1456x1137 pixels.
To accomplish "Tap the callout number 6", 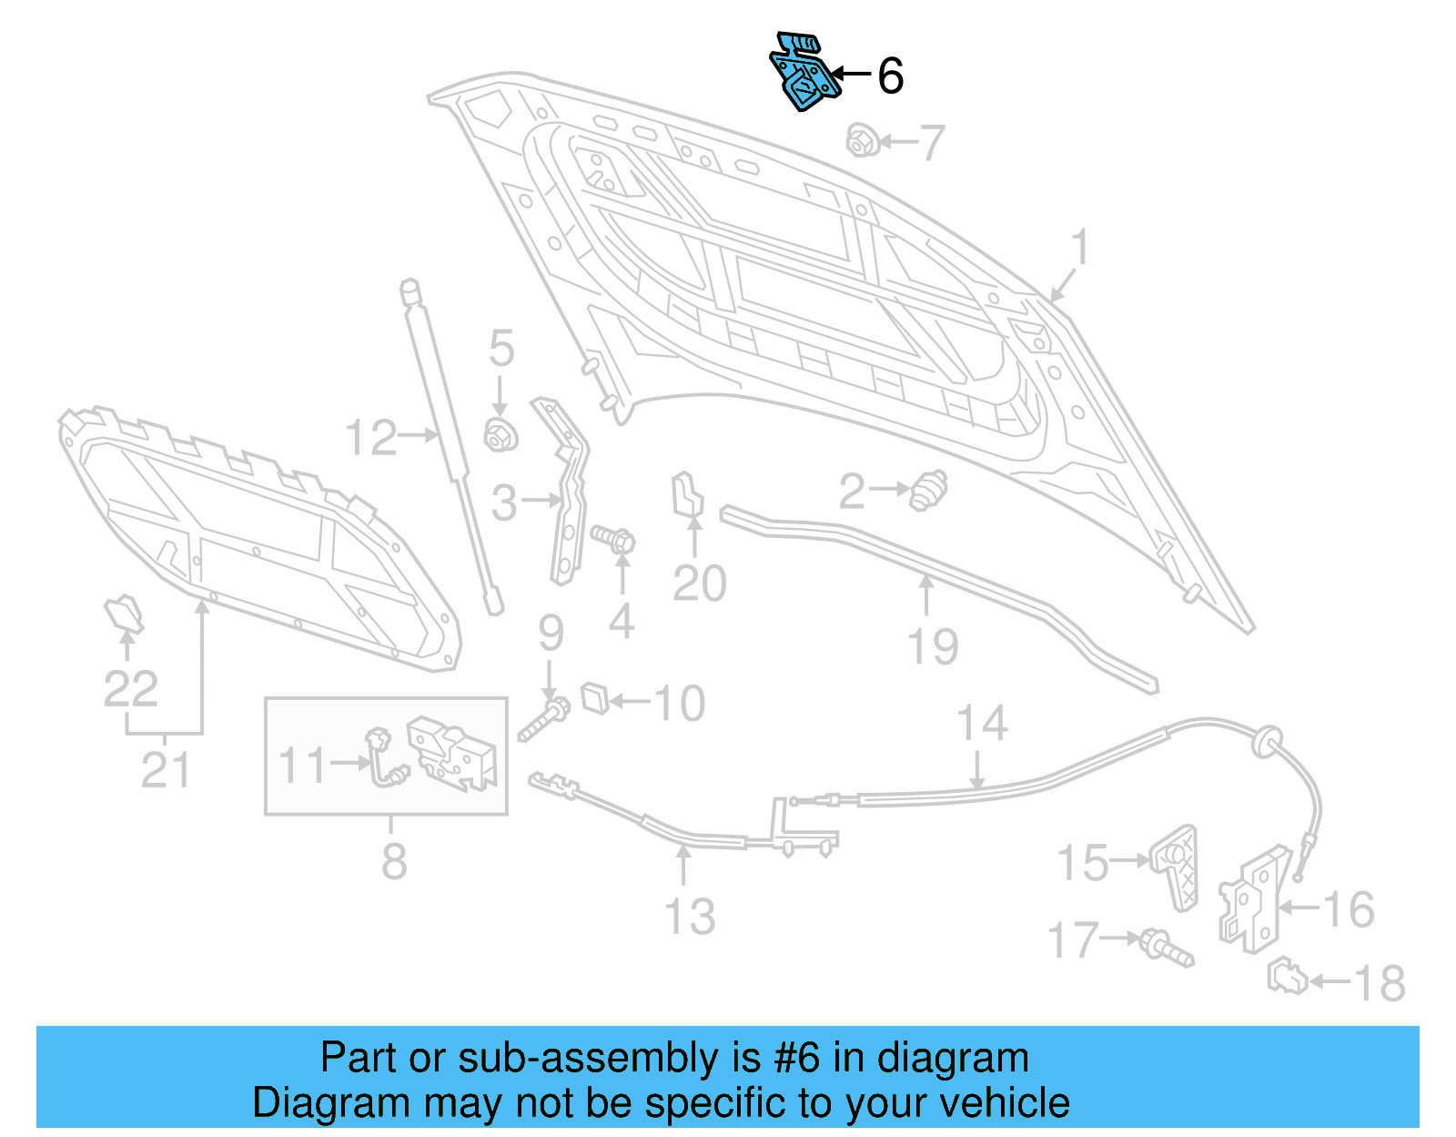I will click(x=890, y=76).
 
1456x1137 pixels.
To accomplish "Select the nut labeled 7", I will click(x=861, y=141).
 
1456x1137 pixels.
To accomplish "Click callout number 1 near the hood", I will click(x=1079, y=248).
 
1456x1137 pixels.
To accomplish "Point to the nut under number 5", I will click(x=500, y=435).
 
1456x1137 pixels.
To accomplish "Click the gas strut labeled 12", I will click(x=450, y=446).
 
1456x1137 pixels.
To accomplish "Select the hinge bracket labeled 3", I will click(x=568, y=492).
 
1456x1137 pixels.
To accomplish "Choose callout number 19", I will click(x=933, y=646).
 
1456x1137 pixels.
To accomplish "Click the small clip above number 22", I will click(x=125, y=614).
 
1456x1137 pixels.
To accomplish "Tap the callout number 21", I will click(x=166, y=770).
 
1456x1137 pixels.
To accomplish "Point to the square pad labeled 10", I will click(x=594, y=697).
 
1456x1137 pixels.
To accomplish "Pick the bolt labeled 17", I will click(x=1166, y=947).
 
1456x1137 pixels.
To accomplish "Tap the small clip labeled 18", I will click(x=1287, y=979).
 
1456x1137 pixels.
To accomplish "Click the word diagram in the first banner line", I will click(x=953, y=1058).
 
